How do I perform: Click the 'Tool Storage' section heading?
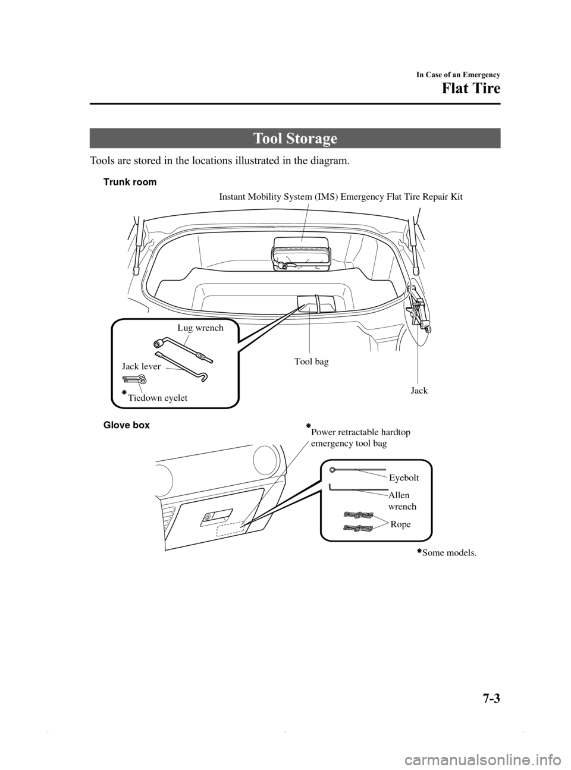(x=295, y=139)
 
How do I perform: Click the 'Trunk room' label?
(x=130, y=183)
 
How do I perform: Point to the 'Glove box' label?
(x=127, y=425)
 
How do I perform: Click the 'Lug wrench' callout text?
(x=200, y=328)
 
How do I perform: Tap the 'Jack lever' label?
(x=141, y=366)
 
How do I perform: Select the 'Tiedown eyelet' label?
(x=157, y=398)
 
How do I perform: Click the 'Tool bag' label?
(x=311, y=361)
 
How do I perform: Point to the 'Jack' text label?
(x=419, y=391)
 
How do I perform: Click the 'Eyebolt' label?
(x=404, y=477)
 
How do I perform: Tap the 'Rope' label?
(x=400, y=524)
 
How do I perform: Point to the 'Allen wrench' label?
(x=401, y=501)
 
